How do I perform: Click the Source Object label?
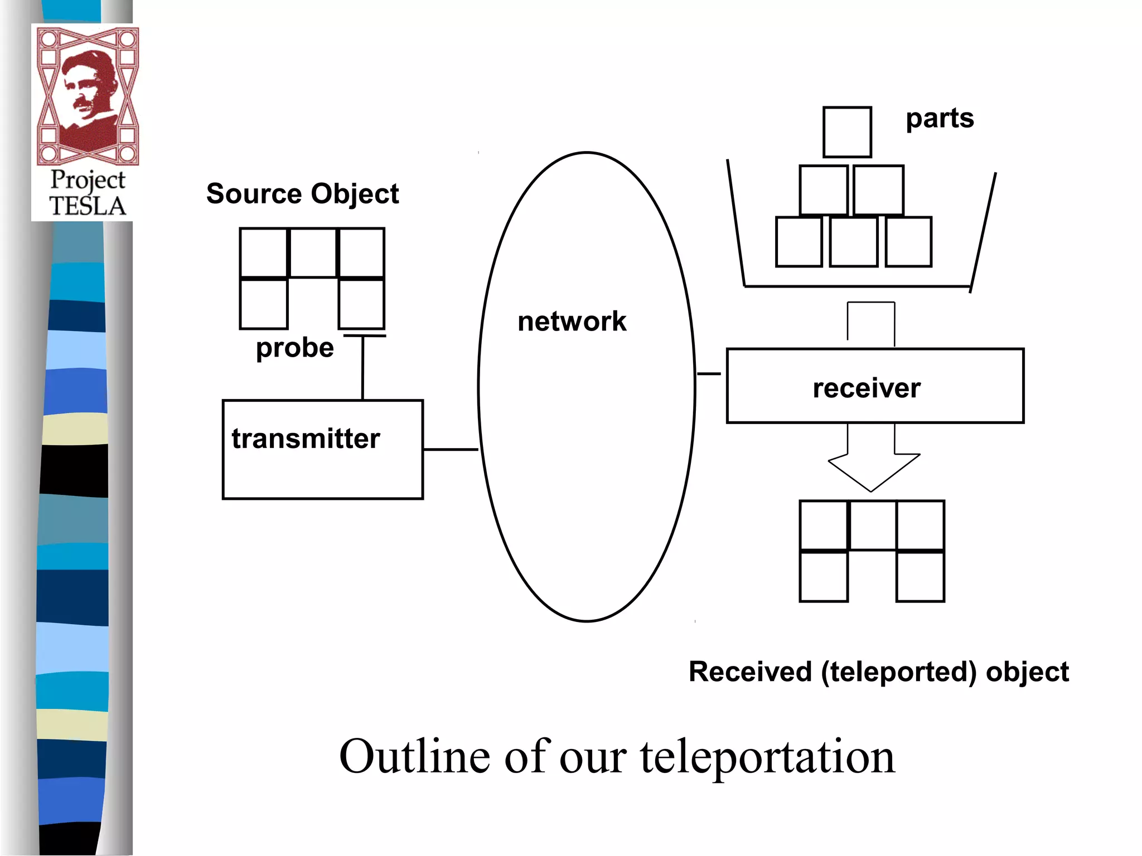click(x=302, y=194)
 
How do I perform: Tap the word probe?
click(x=294, y=348)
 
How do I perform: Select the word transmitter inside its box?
click(x=306, y=439)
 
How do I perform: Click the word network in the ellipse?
click(x=572, y=322)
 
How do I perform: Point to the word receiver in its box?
click(x=866, y=388)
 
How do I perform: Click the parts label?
click(x=940, y=119)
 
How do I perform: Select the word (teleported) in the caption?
click(x=898, y=672)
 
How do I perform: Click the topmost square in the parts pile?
click(x=847, y=132)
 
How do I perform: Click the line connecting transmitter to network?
click(x=451, y=449)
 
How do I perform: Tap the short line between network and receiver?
click(x=709, y=373)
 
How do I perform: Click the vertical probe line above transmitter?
click(x=362, y=368)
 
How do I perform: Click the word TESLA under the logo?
click(x=88, y=206)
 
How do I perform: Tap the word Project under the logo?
click(x=88, y=180)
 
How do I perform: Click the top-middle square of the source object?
click(x=313, y=252)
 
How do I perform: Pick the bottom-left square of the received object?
click(x=824, y=577)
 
